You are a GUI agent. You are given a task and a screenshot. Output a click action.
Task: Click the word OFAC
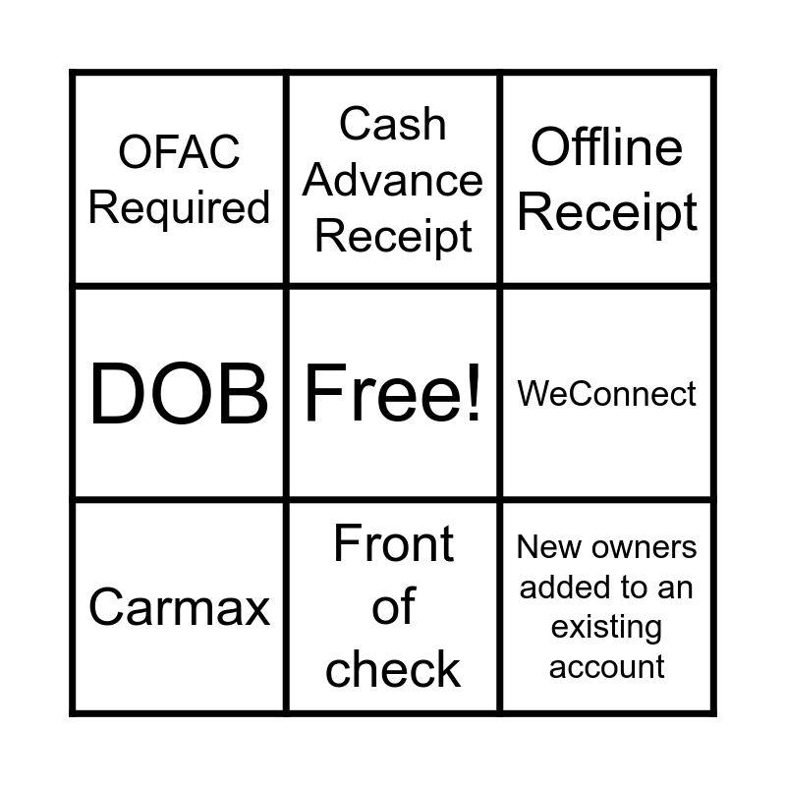tap(179, 152)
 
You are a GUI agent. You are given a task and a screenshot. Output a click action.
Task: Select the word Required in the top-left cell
tap(179, 208)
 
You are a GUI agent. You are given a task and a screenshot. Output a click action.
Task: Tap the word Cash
tap(393, 125)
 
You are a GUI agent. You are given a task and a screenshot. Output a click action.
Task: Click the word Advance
tap(393, 181)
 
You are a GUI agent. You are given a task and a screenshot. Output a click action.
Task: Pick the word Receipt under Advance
tap(393, 238)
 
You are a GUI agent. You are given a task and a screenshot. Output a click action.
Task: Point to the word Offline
tap(607, 148)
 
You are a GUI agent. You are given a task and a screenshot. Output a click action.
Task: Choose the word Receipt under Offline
tap(607, 212)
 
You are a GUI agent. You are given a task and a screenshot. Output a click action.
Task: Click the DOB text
tap(179, 394)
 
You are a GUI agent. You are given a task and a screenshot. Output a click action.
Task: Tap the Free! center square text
tap(393, 394)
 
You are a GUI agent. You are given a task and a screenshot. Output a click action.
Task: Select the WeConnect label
tap(607, 394)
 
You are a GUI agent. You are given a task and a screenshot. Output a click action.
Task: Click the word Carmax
tap(179, 607)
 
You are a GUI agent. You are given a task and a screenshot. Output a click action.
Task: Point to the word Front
tap(393, 544)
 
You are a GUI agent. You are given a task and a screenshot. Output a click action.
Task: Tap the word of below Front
tap(393, 607)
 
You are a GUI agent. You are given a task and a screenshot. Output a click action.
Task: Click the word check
tap(393, 670)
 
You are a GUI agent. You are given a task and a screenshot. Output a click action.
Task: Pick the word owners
tap(639, 547)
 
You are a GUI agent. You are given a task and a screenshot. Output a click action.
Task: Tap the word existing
tap(606, 627)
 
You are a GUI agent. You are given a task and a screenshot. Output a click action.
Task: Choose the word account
tap(606, 666)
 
